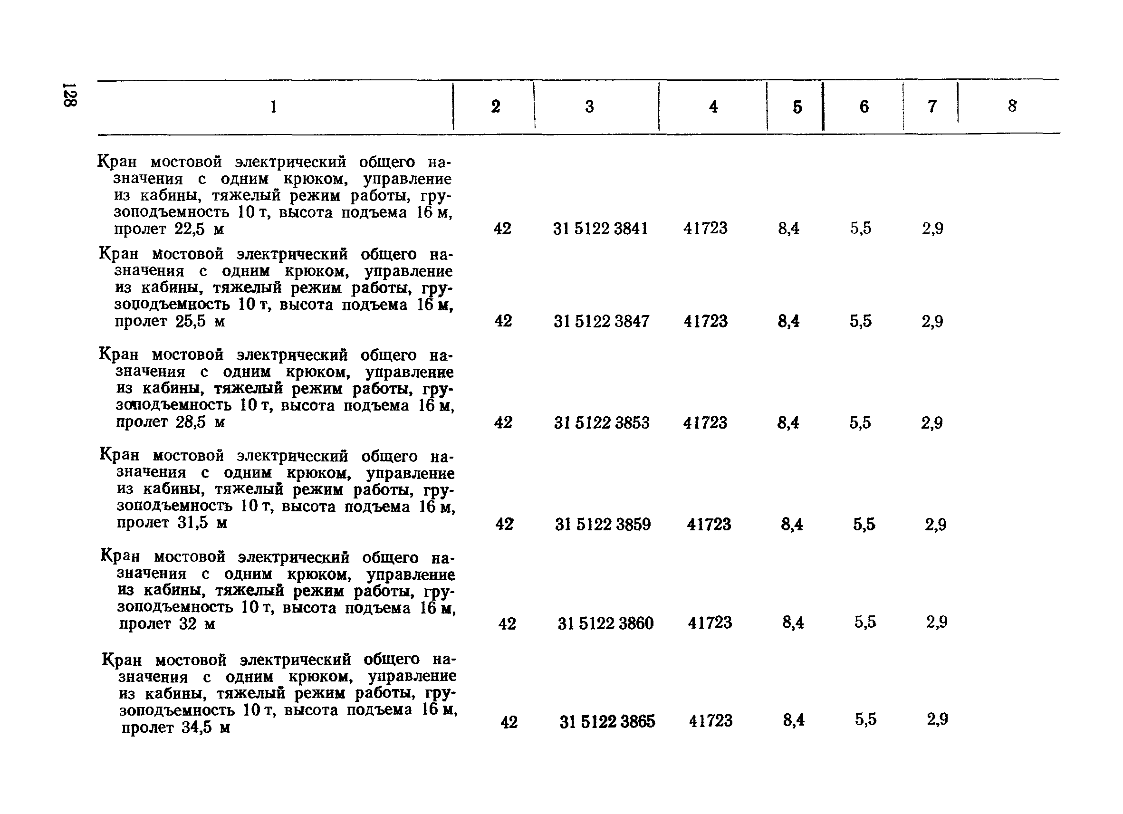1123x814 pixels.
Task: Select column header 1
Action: [x=274, y=106]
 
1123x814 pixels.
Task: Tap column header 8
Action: [x=1012, y=106]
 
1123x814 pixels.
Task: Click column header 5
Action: [x=797, y=107]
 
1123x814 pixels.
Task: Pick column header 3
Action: [x=589, y=106]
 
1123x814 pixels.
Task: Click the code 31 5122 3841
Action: [x=600, y=229]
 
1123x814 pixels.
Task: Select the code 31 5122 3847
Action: [x=601, y=321]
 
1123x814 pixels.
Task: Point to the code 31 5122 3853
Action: [x=602, y=423]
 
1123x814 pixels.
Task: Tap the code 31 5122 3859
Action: [x=603, y=524]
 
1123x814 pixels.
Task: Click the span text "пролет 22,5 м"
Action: [x=169, y=229]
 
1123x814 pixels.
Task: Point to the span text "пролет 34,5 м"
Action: [x=175, y=728]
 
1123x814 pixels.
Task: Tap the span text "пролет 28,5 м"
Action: [x=171, y=422]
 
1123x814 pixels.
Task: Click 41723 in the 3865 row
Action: [x=710, y=721]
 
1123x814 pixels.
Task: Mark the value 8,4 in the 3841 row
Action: [x=788, y=228]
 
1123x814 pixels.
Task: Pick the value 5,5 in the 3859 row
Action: [x=864, y=524]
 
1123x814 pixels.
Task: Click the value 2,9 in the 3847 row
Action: [x=932, y=321]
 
